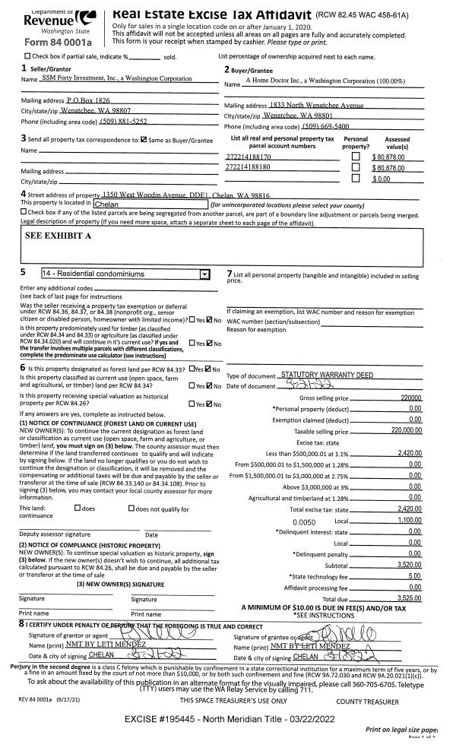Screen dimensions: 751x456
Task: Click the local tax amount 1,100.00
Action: (409, 521)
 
